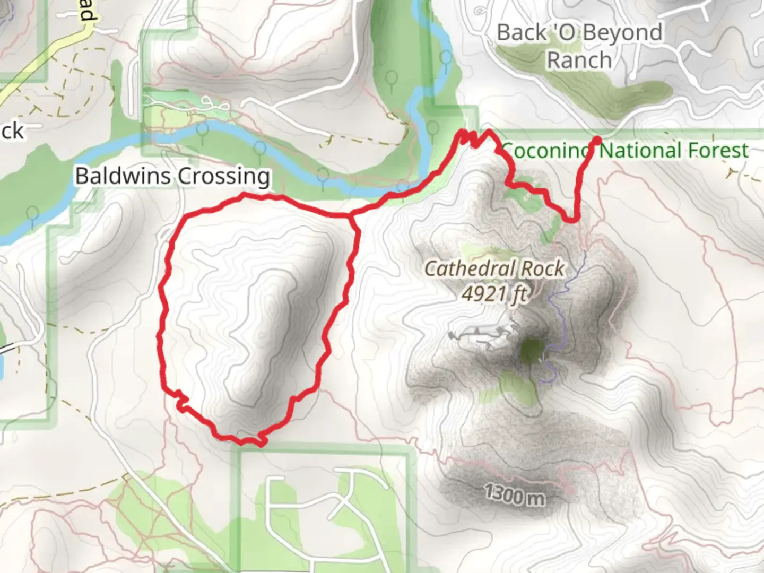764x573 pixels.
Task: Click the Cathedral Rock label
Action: pos(494,269)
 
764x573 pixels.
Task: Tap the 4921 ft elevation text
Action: pos(494,293)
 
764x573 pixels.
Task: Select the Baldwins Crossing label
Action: pos(172,176)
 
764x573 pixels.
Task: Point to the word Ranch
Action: pos(579,60)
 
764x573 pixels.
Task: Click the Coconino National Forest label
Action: pos(624,151)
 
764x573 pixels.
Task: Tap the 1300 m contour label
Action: pos(514,495)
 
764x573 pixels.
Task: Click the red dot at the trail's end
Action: pos(596,141)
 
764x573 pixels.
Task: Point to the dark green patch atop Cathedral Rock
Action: pos(532,351)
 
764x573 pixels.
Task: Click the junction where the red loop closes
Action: pos(351,215)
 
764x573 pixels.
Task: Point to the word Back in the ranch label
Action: pos(522,33)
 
